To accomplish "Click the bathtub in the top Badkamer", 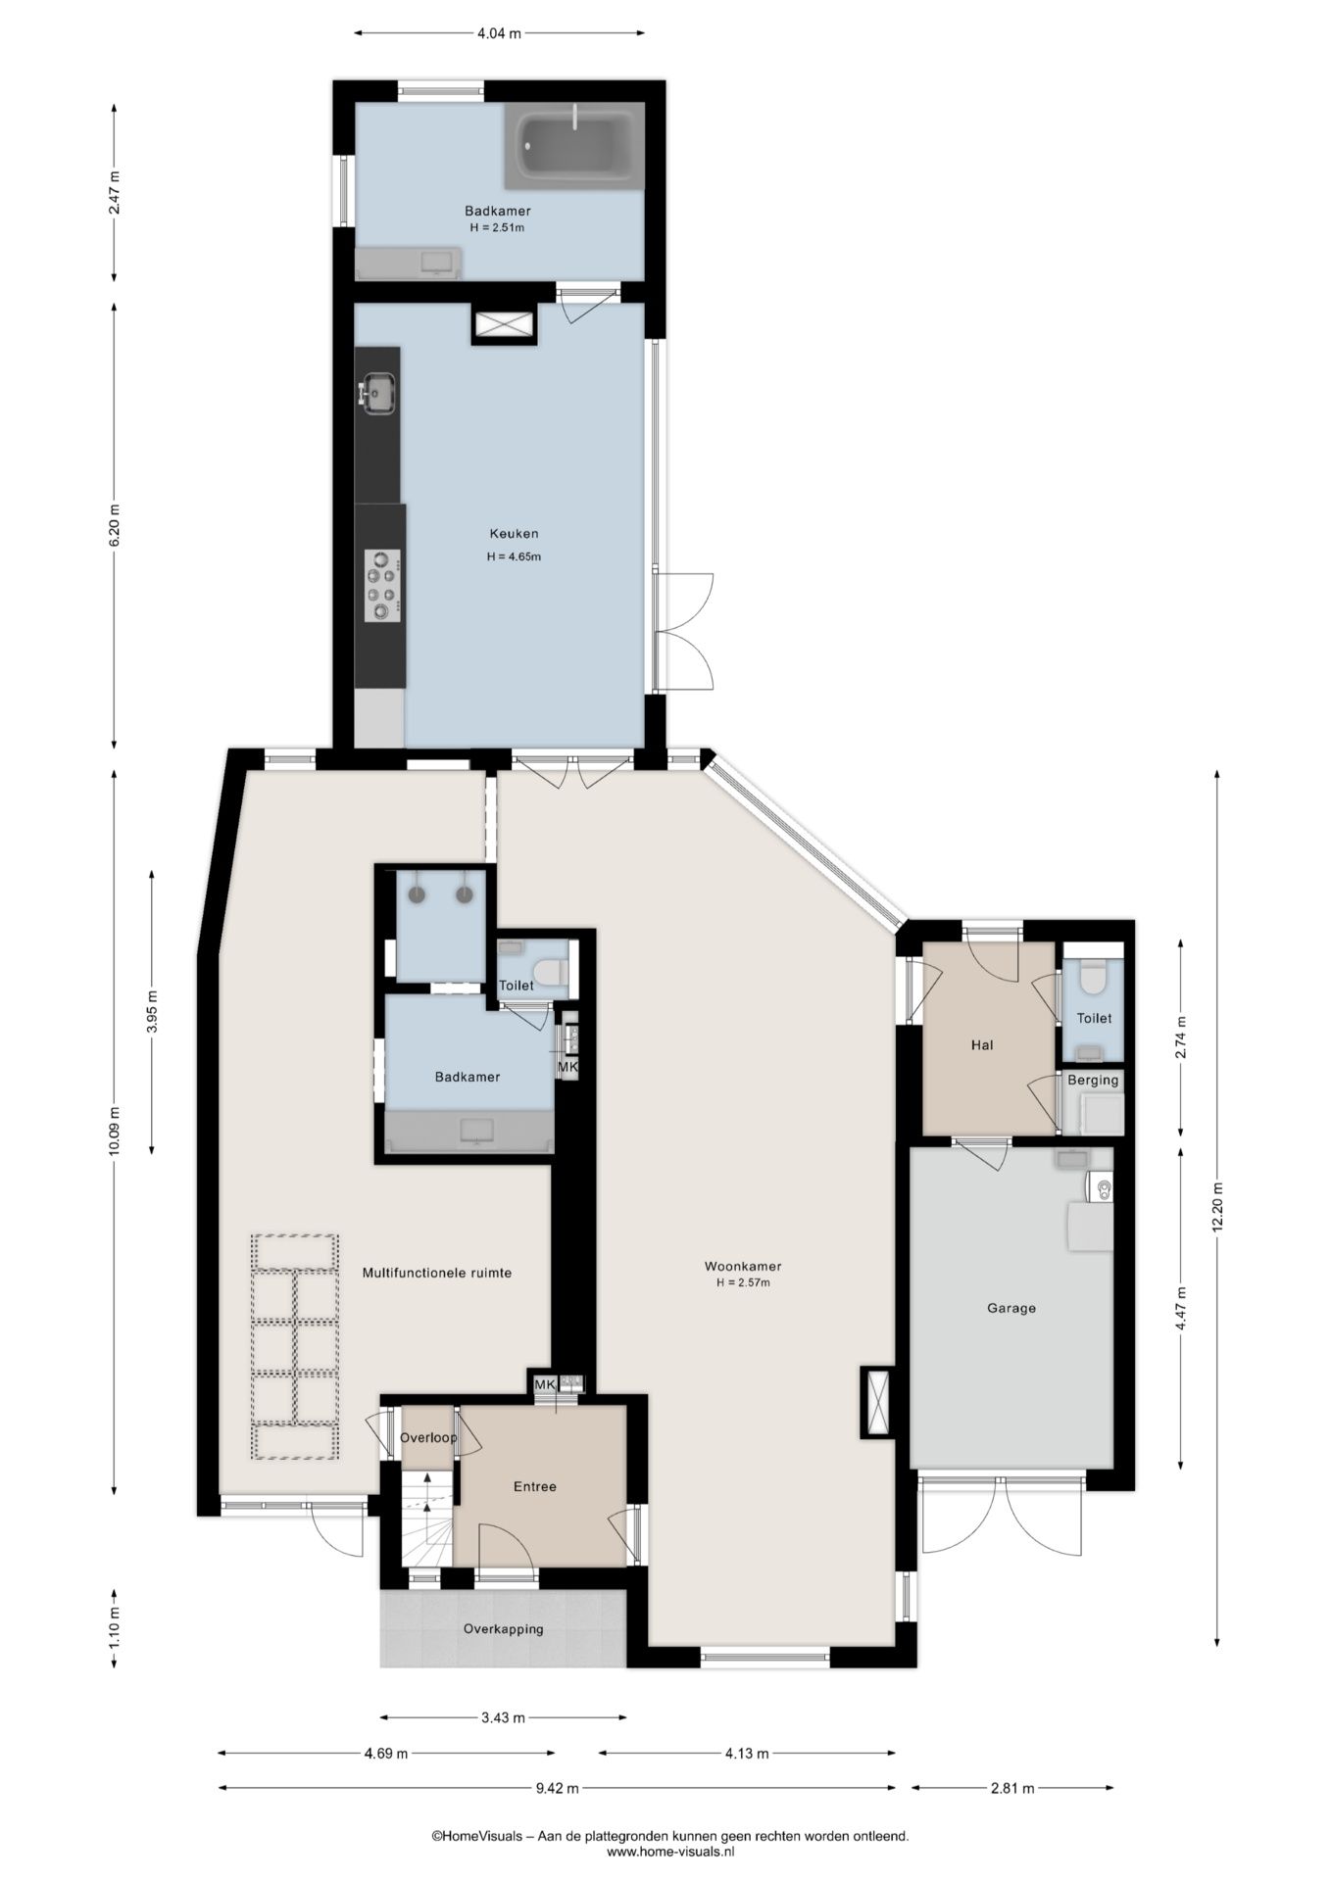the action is click(x=575, y=146).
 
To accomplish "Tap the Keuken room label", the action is click(x=515, y=534).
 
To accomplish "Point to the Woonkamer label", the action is click(x=743, y=1266).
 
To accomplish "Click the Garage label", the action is click(x=1011, y=1308).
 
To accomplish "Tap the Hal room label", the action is click(x=982, y=1045).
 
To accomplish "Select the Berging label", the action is click(x=1093, y=1081).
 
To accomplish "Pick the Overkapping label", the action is click(x=504, y=1629).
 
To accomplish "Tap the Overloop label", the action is click(x=428, y=1437).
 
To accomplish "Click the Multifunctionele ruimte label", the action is click(x=437, y=1273).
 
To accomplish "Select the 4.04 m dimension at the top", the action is click(x=499, y=33).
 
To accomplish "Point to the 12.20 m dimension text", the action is click(x=1217, y=1207).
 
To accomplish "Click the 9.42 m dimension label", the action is click(x=557, y=1788).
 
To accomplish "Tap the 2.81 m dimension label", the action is click(x=1012, y=1788).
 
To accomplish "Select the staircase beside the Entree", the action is click(x=427, y=1519).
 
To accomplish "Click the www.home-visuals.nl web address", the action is click(x=670, y=1852).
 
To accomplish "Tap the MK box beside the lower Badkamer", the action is click(x=567, y=1066).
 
